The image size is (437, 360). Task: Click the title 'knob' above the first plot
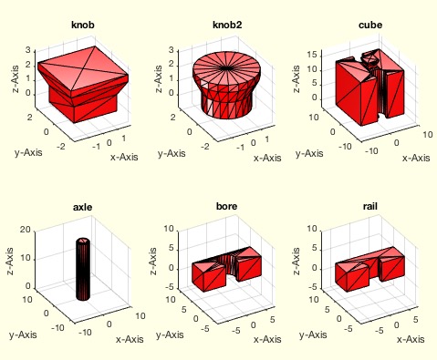click(x=83, y=25)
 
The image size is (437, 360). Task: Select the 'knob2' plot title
click(x=227, y=25)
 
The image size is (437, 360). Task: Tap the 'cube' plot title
click(x=370, y=25)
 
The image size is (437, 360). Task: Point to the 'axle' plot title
click(x=83, y=207)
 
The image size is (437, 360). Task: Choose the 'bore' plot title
click(x=226, y=206)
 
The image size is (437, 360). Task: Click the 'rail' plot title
click(x=370, y=206)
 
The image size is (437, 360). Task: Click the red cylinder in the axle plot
click(x=83, y=269)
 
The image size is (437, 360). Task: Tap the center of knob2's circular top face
click(x=225, y=68)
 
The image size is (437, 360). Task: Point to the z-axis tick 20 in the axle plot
click(x=26, y=230)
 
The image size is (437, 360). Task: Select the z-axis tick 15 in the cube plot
click(x=312, y=55)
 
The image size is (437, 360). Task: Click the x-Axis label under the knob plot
click(x=124, y=157)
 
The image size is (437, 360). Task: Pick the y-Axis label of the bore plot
click(x=170, y=334)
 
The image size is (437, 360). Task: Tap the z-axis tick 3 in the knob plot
click(x=28, y=50)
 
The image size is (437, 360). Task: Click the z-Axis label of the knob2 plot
click(x=158, y=79)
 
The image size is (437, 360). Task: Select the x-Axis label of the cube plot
click(x=416, y=158)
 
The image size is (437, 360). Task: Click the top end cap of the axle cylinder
click(x=83, y=241)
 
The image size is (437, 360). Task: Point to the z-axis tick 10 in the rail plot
click(x=312, y=229)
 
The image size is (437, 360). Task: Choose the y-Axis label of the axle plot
click(x=23, y=334)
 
